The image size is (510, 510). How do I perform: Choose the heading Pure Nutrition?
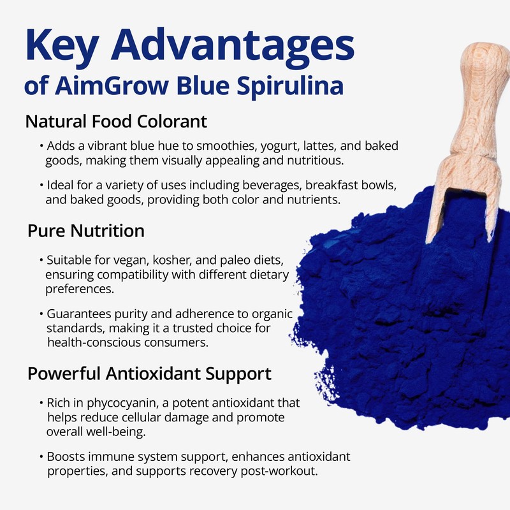(86, 231)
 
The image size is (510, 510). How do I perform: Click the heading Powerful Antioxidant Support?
(150, 373)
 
